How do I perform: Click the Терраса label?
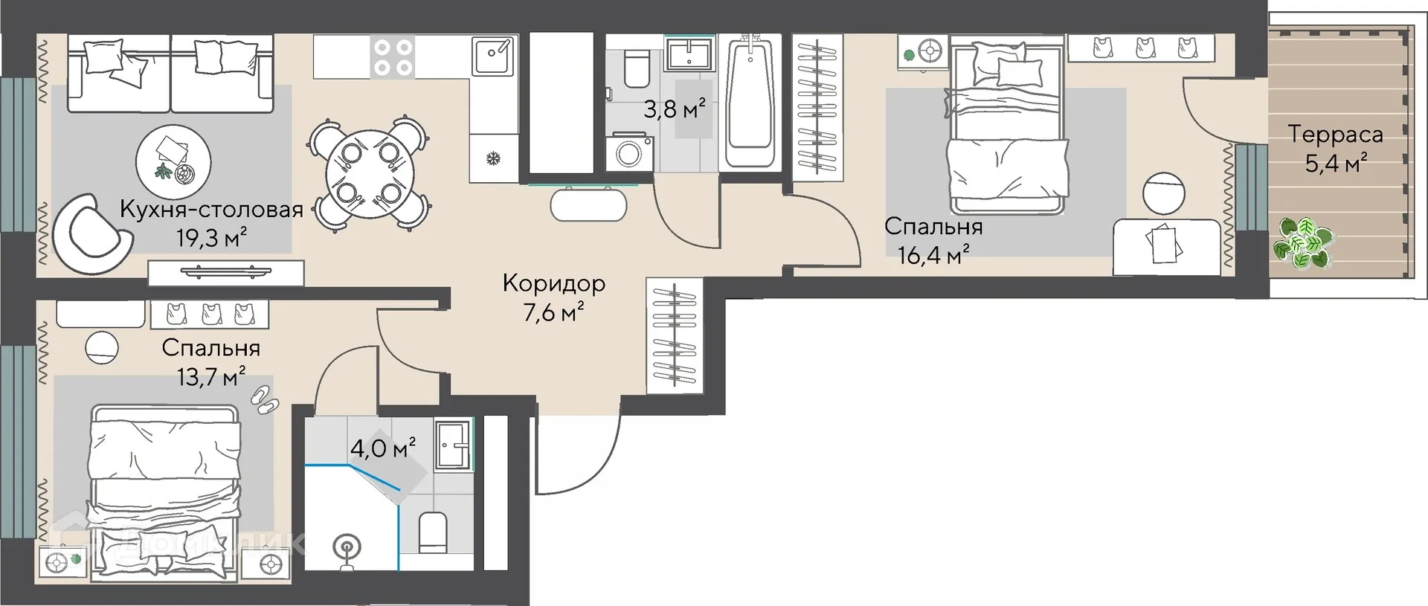[1335, 134]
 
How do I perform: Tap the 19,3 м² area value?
[211, 237]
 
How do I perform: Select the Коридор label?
[554, 283]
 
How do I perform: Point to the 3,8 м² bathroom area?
[674, 109]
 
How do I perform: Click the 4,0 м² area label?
[382, 448]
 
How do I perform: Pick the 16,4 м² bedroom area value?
[933, 255]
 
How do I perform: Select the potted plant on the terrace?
[1302, 242]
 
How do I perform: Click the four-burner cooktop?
[393, 57]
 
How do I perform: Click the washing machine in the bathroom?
[630, 153]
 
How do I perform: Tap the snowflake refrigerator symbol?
[492, 158]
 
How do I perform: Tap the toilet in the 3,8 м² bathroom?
[637, 67]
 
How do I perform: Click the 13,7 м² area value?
[210, 377]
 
